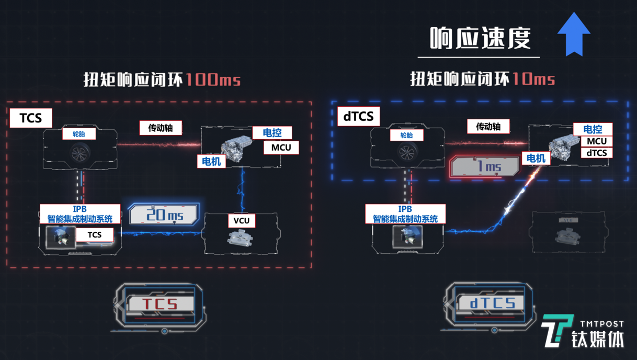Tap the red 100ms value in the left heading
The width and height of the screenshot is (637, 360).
tap(213, 80)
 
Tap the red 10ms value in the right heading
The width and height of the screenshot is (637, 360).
tap(533, 79)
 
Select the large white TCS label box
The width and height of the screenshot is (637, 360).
tap(31, 118)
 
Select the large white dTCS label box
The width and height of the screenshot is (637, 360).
tap(358, 116)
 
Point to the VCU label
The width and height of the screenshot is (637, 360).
tap(242, 220)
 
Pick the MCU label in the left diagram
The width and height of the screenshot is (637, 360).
tap(281, 148)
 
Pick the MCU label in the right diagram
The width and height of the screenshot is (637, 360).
tap(596, 141)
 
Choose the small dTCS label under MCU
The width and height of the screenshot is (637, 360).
tap(596, 153)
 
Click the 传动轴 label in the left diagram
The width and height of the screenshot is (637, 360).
tap(161, 128)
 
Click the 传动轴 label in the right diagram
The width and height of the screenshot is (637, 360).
tap(488, 127)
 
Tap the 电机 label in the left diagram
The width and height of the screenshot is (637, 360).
tap(211, 161)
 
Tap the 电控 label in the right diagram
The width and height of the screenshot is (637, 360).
tap(593, 129)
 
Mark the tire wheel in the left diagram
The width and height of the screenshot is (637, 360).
tap(79, 153)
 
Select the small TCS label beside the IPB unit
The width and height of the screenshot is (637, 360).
tap(95, 234)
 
